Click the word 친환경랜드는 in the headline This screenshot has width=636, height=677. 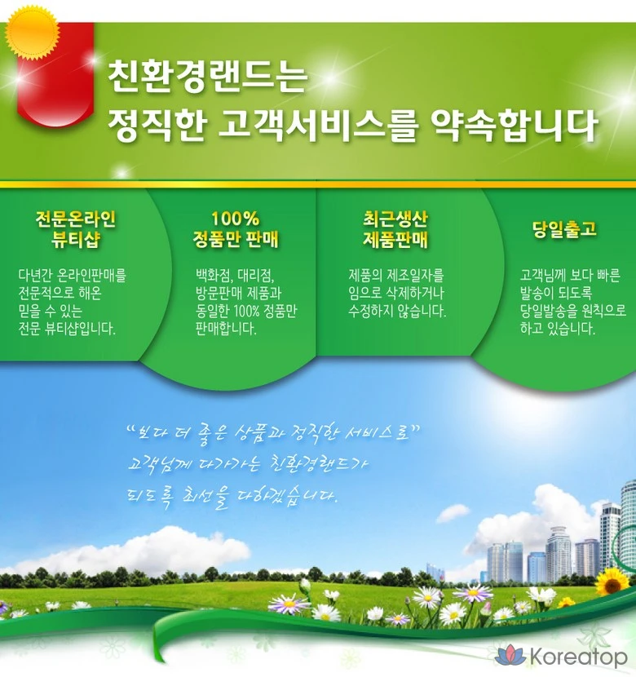point(207,77)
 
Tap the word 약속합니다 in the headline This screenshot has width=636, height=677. point(514,126)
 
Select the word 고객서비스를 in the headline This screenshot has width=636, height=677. point(318,126)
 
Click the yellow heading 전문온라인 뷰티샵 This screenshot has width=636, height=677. point(76,229)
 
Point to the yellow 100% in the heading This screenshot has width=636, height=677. point(235,219)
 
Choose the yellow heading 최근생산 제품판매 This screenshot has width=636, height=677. point(395,229)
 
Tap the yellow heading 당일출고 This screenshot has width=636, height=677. point(564,229)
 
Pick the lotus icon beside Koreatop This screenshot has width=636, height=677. point(510,655)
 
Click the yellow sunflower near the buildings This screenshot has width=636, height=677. point(612,582)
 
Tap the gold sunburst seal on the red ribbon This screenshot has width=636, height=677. point(33,33)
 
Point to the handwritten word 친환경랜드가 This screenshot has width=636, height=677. point(320,465)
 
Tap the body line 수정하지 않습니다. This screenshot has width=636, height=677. point(397,311)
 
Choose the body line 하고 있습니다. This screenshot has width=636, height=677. point(558,329)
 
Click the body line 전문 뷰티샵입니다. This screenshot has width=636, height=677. point(67,329)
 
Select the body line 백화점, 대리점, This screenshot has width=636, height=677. point(235,275)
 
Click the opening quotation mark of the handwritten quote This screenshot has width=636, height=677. point(130,430)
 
